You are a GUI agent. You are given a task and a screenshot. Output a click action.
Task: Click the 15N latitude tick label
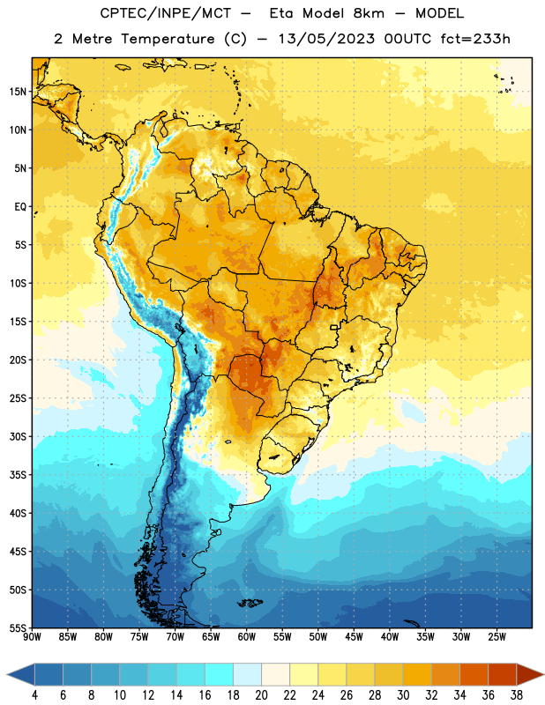click(18, 92)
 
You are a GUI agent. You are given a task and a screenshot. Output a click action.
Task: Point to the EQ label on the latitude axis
click(20, 207)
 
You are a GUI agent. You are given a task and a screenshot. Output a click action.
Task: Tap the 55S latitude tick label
click(18, 627)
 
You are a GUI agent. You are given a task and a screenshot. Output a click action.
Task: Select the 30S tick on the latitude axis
click(18, 436)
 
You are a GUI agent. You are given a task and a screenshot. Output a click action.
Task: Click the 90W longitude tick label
click(32, 637)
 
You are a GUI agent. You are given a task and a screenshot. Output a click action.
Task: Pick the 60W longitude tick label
click(247, 637)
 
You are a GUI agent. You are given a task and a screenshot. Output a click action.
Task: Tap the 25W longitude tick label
click(496, 637)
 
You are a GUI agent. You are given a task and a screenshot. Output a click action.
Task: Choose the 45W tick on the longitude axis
click(354, 637)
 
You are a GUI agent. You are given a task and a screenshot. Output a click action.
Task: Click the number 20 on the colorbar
click(261, 695)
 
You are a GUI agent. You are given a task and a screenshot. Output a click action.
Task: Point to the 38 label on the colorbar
click(517, 695)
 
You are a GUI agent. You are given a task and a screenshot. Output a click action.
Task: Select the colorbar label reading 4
click(34, 695)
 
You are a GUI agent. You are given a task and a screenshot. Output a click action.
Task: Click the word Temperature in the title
click(168, 39)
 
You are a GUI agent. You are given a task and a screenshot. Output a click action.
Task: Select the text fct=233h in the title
click(475, 39)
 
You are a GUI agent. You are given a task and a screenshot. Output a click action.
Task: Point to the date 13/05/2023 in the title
click(326, 39)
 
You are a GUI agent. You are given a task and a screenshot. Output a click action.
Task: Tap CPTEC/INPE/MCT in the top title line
click(166, 13)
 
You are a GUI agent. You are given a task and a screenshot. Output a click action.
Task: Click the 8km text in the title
click(369, 13)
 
